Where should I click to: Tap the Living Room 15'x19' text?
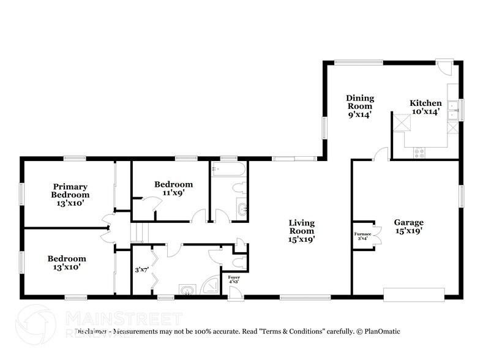point(301,231)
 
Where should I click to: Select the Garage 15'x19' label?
point(408,227)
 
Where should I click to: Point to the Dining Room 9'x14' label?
point(359,106)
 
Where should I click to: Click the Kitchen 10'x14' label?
point(425,107)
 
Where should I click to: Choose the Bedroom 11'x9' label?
point(173,188)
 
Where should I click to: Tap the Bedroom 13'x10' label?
point(67,263)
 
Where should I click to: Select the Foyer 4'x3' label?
point(234,279)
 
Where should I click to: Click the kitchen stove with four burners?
point(419,152)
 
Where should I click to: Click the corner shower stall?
point(211,286)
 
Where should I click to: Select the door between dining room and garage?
point(381,154)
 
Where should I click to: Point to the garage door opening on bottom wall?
point(413,295)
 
